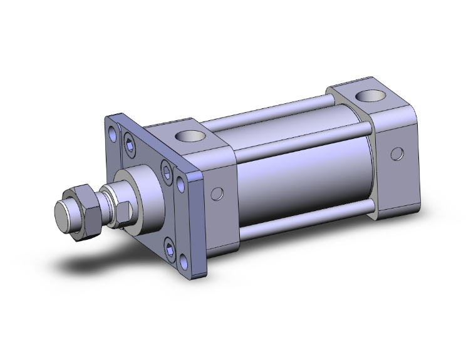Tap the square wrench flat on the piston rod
click(x=123, y=209)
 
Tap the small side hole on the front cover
click(x=217, y=195)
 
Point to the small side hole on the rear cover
click(x=396, y=153)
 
